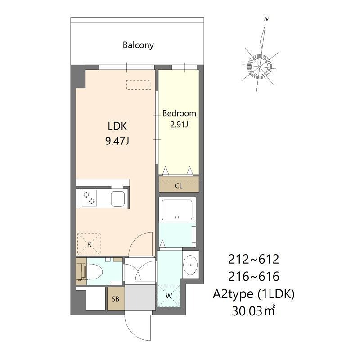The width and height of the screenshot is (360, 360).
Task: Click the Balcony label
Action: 138,45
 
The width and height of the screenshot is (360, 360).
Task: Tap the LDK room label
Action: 117,126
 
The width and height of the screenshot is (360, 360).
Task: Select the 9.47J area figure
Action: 117,140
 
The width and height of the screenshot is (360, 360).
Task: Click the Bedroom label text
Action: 179,113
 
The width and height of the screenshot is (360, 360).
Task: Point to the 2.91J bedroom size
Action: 179,125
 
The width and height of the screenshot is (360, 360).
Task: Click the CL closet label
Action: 179,186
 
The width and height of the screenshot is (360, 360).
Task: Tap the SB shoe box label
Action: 115,299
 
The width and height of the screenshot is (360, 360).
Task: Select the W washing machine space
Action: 169,296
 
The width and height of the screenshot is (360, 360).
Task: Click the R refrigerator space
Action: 89,244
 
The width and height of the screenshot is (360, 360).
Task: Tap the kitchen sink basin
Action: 118,198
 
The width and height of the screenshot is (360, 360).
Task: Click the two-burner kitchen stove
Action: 89,198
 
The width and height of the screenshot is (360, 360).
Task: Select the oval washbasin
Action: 190,265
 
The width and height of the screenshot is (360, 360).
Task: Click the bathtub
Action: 177,210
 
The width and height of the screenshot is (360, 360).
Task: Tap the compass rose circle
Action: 260,67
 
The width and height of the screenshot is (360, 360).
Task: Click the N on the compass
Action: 266,19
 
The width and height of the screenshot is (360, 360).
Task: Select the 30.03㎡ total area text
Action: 254,310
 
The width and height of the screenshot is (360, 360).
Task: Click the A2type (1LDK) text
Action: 254,294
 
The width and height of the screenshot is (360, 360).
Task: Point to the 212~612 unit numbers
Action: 254,259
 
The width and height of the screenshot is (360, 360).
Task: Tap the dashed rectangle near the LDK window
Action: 139,85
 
